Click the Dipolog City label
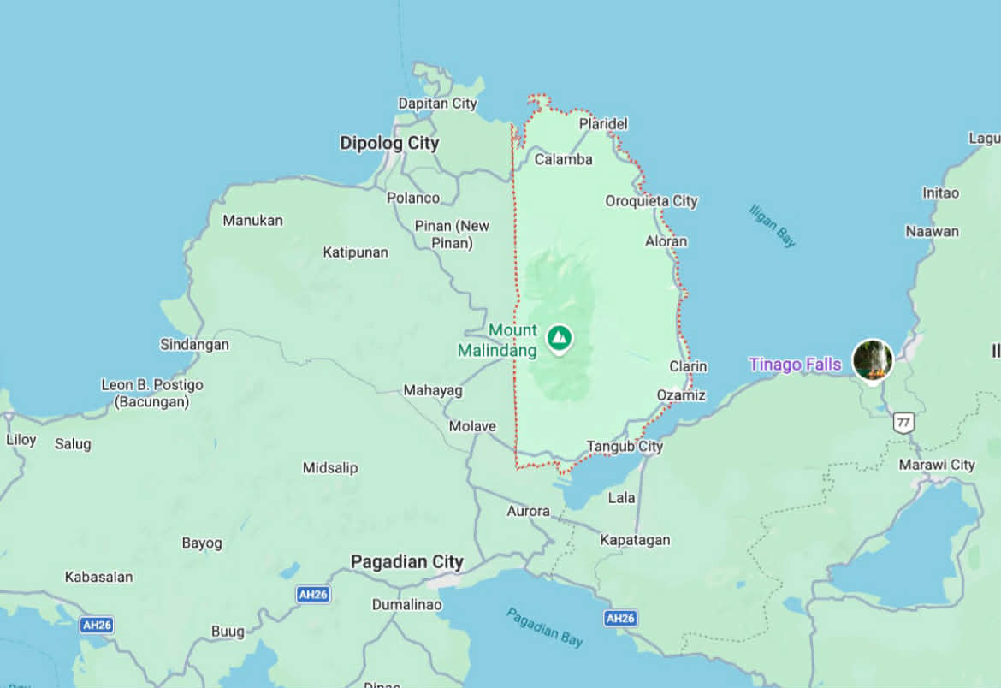click(389, 143)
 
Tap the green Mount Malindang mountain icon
click(560, 337)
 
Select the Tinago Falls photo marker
click(872, 359)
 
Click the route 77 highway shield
click(903, 422)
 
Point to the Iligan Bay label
click(772, 226)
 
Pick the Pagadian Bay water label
click(544, 626)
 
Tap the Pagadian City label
click(407, 562)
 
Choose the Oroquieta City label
click(651, 201)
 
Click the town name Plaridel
click(603, 124)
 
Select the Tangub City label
click(625, 447)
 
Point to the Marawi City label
click(937, 465)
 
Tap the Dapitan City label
click(437, 104)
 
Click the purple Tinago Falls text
click(795, 365)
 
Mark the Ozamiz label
click(681, 395)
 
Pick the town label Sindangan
click(194, 345)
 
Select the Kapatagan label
click(635, 540)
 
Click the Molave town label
click(472, 426)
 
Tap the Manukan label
click(252, 221)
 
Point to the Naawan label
click(933, 231)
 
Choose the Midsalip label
click(330, 468)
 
